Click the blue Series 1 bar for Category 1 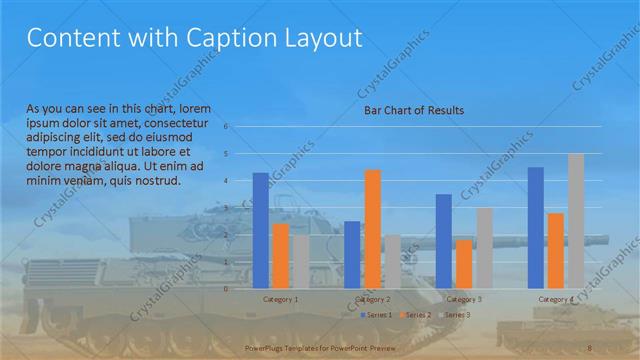point(260,230)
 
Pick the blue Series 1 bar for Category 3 point(444,241)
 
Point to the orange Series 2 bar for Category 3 point(464,264)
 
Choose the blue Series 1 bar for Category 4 point(535,227)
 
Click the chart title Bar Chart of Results point(413,110)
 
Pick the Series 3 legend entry point(455,315)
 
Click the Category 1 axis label point(280,299)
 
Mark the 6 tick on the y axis point(227,127)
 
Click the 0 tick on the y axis point(227,289)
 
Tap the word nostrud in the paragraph point(157,181)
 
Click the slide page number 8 point(590,345)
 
